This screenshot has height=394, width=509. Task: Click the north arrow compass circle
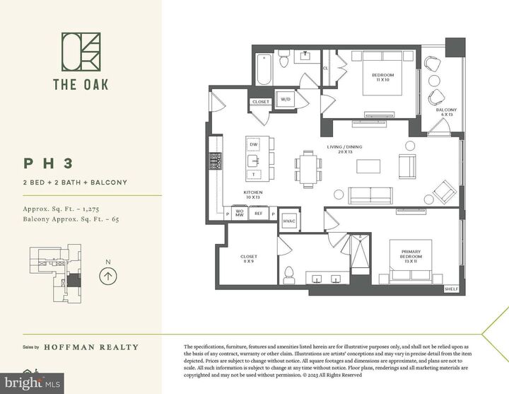click(107, 274)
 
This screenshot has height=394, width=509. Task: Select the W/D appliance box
click(286, 99)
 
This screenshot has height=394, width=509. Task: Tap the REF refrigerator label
click(259, 213)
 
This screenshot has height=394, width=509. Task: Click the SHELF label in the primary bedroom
click(451, 289)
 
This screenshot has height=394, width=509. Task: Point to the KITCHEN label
click(253, 192)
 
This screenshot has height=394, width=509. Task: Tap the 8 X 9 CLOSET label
click(249, 259)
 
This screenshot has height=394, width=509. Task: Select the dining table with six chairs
click(308, 167)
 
